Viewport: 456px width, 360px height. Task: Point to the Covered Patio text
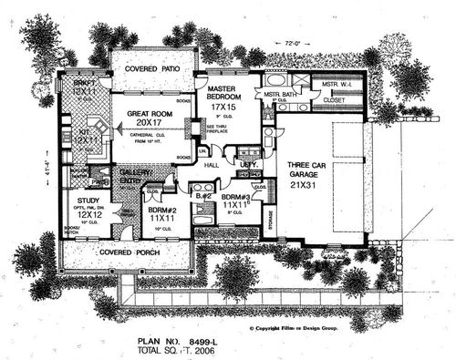151,67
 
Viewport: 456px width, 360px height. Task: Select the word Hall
211,166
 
